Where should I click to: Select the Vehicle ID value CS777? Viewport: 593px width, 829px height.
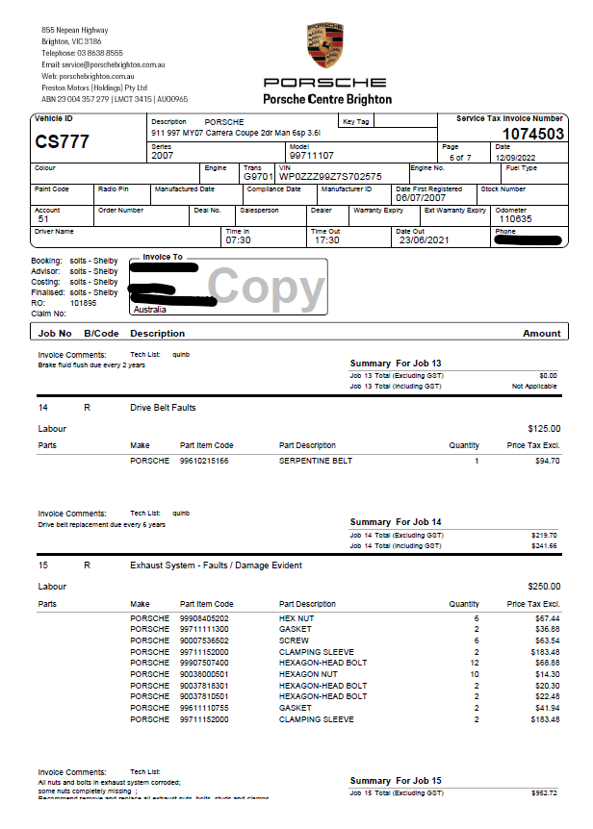[62, 142]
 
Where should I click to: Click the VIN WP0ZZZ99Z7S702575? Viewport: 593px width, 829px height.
[330, 177]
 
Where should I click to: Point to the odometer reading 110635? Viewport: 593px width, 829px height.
[515, 219]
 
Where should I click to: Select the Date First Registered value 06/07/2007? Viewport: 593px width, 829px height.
[421, 197]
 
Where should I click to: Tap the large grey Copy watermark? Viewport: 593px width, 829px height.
[267, 287]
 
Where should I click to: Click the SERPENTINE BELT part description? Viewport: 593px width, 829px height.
[316, 461]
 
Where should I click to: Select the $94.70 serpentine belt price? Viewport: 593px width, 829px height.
[547, 461]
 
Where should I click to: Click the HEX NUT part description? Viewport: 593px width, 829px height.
[296, 617]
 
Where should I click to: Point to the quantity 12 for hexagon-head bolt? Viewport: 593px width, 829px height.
[474, 663]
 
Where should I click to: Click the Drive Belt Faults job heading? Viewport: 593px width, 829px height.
[163, 408]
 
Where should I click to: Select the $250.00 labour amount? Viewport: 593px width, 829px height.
[544, 586]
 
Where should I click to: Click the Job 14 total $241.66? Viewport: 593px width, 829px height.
[544, 545]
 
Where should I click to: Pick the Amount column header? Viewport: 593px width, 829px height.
[541, 334]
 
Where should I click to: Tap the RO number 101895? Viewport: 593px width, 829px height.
[84, 303]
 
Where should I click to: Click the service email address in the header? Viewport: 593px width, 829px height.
[104, 64]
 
